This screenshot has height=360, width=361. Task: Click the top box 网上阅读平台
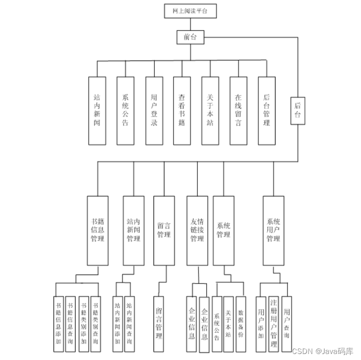pos(190,11)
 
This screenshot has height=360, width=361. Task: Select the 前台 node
pos(190,36)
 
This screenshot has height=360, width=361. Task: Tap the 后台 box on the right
pos(297,110)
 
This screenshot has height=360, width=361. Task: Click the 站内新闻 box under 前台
pos(97,110)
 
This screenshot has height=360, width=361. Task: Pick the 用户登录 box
pos(154,110)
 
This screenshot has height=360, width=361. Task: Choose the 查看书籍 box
pos(182,110)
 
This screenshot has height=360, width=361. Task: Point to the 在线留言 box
pos(238,110)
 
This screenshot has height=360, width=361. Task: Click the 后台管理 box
pos(266,110)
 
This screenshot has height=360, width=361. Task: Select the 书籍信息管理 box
pos(97,230)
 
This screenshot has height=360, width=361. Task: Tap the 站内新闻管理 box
pos(133,230)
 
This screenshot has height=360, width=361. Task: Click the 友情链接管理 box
pos(197,230)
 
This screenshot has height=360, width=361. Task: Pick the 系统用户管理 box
pos(273,230)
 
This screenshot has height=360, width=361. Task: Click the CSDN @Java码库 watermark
pos(323,351)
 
